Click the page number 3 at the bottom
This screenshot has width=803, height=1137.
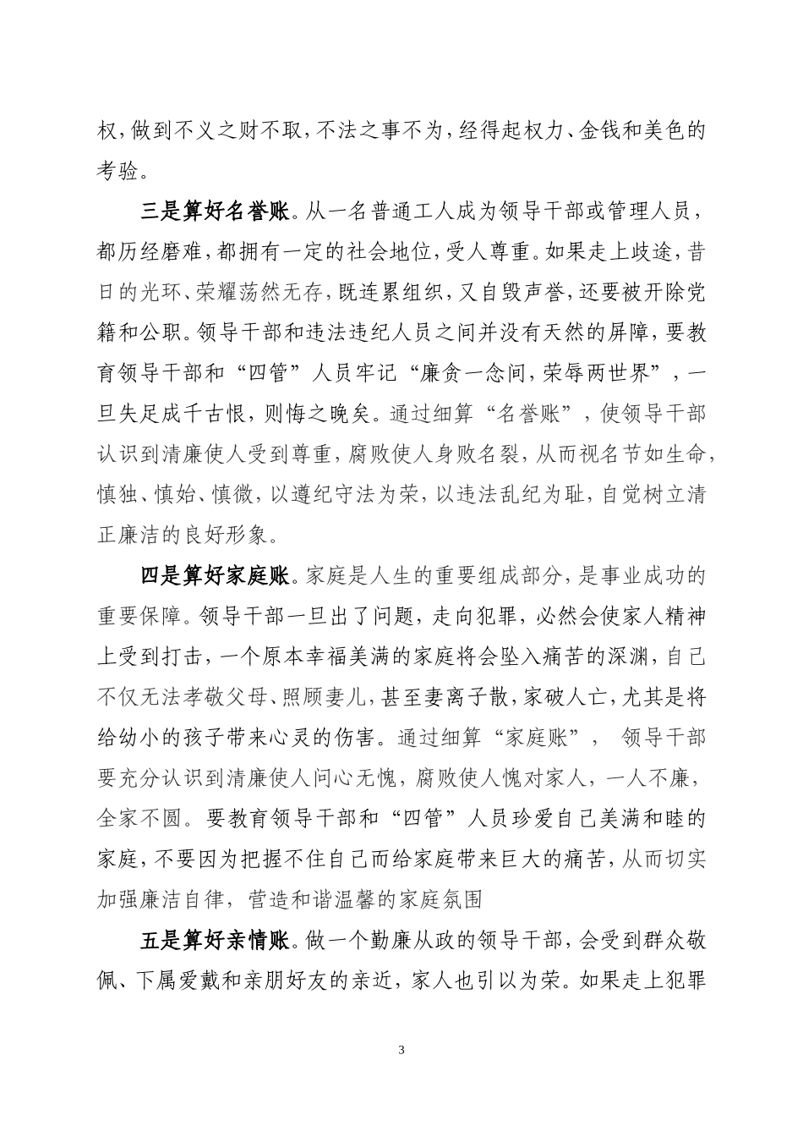coord(401,1051)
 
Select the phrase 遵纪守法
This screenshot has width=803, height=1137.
coord(367,496)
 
